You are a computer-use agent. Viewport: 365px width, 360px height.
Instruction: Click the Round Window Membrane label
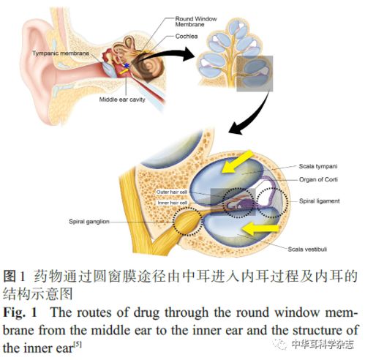point(196,22)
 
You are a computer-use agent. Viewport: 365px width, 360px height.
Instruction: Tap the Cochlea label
point(187,37)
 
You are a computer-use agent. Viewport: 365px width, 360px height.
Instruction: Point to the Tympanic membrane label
point(61,53)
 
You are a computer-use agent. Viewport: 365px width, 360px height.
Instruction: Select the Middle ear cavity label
point(122,100)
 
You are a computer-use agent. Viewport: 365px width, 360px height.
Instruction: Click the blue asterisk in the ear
point(127,65)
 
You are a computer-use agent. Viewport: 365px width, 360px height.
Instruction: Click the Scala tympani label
point(318,166)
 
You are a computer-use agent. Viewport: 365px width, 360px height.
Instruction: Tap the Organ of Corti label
point(318,180)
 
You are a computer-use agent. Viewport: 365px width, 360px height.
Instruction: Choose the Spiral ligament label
point(320,201)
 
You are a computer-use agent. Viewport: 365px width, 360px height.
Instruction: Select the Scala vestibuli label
point(307,250)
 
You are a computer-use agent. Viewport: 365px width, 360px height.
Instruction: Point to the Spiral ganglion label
point(89,222)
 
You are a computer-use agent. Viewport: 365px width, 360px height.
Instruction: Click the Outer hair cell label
point(172,192)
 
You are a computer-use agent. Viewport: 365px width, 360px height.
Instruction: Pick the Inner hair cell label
point(173,203)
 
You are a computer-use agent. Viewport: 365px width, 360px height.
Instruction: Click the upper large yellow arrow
point(237,162)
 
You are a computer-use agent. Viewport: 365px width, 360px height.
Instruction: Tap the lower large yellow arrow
point(260,229)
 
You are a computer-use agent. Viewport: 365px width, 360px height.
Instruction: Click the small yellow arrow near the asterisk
point(124,71)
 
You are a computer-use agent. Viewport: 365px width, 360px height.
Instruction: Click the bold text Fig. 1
point(20,312)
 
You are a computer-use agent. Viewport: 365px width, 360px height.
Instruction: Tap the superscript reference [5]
point(78,345)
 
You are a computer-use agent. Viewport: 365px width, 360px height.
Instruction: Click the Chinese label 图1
point(14,277)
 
